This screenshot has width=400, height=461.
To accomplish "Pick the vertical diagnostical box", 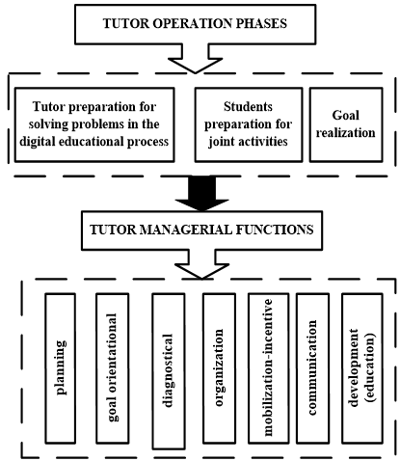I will point(168,369).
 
